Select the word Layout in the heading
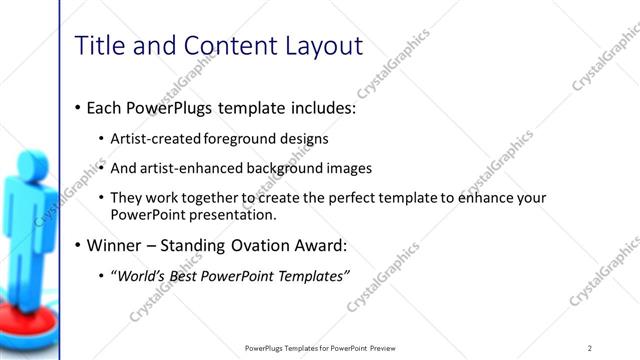click(x=322, y=45)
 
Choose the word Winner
click(x=116, y=244)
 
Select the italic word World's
click(x=137, y=275)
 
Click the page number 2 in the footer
click(x=590, y=347)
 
